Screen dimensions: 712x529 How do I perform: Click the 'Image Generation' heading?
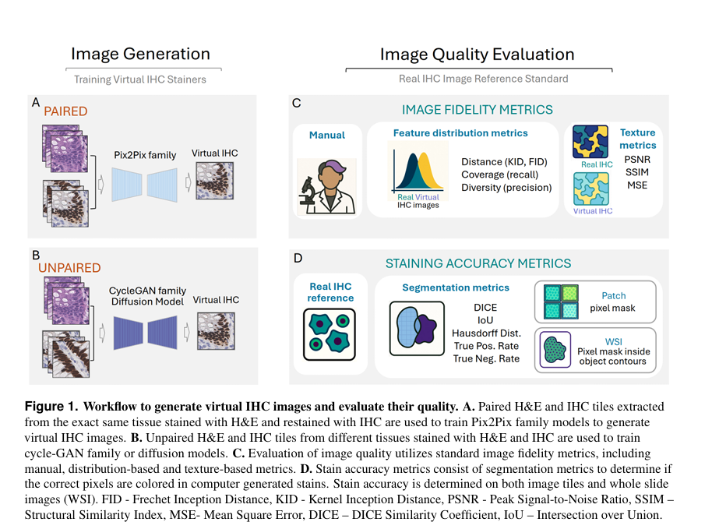(140, 54)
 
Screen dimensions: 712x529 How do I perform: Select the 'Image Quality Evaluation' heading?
(477, 55)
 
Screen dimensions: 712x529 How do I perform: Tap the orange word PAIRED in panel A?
(65, 111)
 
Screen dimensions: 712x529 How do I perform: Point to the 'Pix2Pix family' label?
(145, 155)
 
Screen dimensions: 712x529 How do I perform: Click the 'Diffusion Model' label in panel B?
(146, 302)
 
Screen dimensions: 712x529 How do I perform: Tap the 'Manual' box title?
(327, 135)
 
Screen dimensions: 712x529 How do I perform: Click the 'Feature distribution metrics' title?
(460, 133)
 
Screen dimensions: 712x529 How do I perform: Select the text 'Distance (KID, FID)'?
(504, 162)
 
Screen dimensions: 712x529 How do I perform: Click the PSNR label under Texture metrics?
(637, 160)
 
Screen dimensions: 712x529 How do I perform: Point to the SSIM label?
(637, 173)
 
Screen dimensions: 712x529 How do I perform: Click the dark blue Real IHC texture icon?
(590, 142)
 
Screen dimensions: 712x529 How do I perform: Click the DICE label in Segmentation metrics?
(486, 308)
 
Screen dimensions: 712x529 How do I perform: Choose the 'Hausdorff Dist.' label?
(486, 333)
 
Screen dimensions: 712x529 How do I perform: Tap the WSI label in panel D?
(614, 340)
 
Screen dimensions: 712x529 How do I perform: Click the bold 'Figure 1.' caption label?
(51, 407)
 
